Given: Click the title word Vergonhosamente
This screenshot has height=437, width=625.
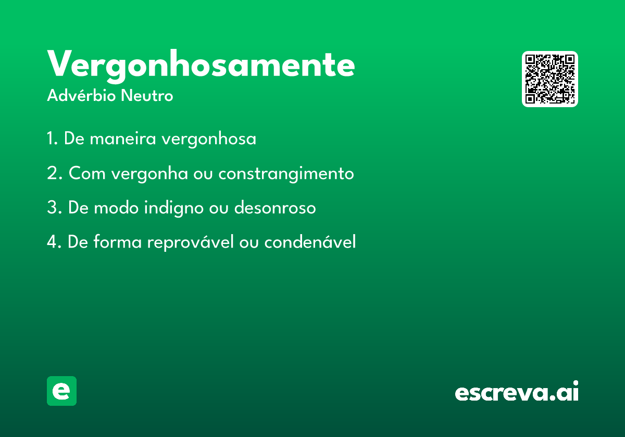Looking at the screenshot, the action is point(201,66).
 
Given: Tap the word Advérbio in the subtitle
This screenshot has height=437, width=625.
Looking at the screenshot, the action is point(81,95).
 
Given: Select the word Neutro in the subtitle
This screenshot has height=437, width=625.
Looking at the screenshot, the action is point(147,96).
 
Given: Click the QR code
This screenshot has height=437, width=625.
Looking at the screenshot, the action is point(549,79).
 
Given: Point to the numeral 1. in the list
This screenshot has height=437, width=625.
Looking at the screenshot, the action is point(53,138).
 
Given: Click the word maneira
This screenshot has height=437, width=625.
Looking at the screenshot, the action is point(123,139).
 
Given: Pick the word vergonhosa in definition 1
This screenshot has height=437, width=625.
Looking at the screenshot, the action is point(209,139).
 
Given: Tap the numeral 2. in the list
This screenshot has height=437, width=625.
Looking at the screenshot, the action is point(55,173).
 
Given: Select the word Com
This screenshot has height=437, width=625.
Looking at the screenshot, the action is point(87,173).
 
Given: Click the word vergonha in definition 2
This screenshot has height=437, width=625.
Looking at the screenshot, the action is point(149,174).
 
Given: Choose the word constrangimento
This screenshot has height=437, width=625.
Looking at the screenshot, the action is point(286,174).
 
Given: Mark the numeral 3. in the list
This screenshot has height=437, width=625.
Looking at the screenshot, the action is point(54,208).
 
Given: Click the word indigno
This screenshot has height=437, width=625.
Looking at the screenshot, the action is point(174,209).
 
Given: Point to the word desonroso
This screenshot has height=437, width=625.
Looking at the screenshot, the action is point(275,208).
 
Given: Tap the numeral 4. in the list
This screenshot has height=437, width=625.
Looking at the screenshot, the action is point(54,242).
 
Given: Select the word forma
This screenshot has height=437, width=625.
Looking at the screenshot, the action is point(118,241).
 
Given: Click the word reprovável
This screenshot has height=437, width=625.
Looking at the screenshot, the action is point(190,243).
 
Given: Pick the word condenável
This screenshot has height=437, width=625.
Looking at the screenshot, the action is point(310,241).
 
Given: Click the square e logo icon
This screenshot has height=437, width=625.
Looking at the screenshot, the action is point(61,391).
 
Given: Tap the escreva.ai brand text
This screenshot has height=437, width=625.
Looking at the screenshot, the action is point(517,391).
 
